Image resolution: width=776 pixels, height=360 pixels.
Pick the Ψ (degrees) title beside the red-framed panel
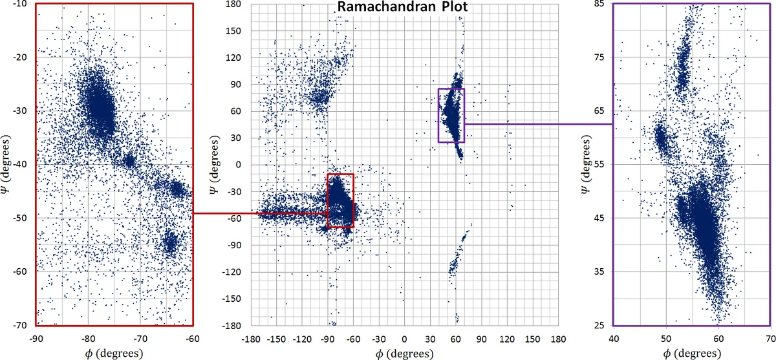8,165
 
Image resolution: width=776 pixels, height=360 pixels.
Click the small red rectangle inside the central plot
341,175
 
